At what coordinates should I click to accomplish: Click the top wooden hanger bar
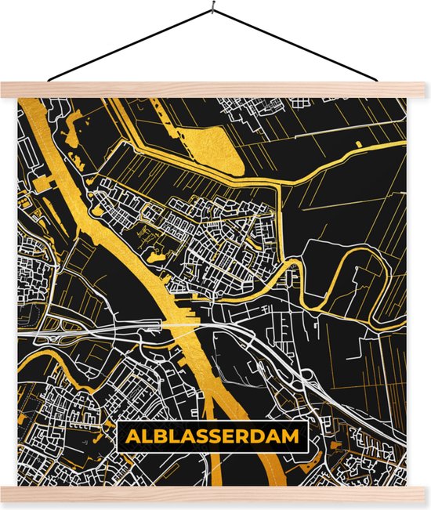pos(215,89)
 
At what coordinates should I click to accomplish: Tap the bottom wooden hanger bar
pos(215,494)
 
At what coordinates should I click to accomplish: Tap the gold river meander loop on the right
pos(293,278)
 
